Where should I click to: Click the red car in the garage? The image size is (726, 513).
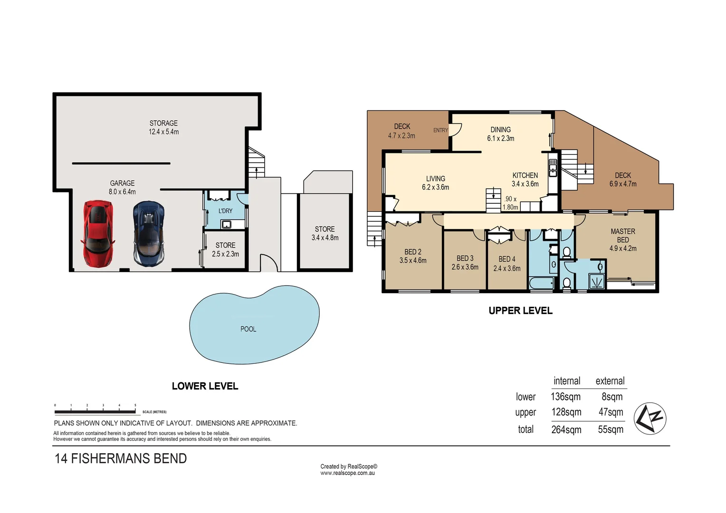[98, 233]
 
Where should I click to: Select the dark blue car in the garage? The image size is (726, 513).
[149, 233]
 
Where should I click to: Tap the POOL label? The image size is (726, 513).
[248, 329]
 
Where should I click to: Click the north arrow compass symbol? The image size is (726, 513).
[650, 418]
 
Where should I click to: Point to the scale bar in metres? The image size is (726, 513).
[95, 411]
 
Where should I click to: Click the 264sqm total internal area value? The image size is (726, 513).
[566, 429]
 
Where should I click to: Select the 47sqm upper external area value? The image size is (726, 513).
[611, 412]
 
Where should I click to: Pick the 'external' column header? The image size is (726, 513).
[610, 381]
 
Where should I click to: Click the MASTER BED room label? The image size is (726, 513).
[622, 236]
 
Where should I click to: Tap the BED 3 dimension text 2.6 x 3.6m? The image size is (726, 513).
[465, 267]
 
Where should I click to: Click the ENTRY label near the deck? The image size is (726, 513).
[440, 130]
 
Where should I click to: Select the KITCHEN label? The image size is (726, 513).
[525, 175]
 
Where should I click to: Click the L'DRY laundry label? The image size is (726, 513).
[225, 211]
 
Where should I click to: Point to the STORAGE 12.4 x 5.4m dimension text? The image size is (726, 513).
[163, 132]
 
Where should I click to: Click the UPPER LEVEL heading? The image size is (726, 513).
[520, 311]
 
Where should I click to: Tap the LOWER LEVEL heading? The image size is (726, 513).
[205, 386]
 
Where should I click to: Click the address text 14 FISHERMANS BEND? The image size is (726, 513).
[121, 458]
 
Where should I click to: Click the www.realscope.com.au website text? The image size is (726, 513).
[347, 473]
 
